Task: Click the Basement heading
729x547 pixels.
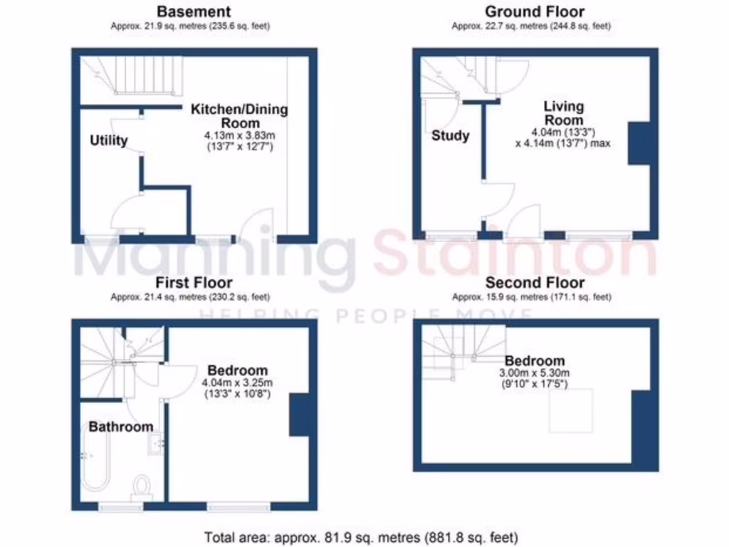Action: (194, 11)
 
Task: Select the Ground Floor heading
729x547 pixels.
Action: (535, 11)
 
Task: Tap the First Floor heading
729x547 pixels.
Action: (194, 282)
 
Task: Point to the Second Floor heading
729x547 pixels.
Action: (535, 282)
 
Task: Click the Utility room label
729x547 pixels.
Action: (108, 140)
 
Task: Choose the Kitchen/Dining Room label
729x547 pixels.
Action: (238, 116)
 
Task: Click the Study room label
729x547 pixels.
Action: (450, 135)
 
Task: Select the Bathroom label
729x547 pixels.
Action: (120, 427)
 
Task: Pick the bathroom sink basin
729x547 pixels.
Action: (155, 444)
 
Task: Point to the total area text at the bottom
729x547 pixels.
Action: (362, 537)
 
